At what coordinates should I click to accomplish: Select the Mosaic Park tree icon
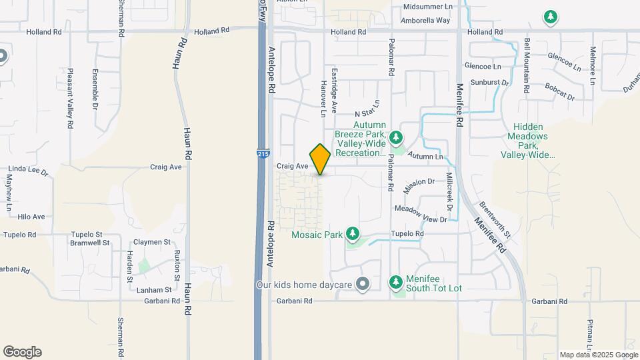(353, 234)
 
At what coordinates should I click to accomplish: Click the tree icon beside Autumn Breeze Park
(397, 137)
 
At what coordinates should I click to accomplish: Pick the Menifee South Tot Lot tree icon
(397, 282)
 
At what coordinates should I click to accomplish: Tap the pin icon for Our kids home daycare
(363, 285)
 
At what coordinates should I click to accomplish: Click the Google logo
(22, 351)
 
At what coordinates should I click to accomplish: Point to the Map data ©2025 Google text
(598, 355)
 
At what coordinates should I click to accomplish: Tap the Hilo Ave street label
(31, 217)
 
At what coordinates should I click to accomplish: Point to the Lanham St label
(153, 290)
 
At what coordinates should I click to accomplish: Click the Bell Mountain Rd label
(527, 61)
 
